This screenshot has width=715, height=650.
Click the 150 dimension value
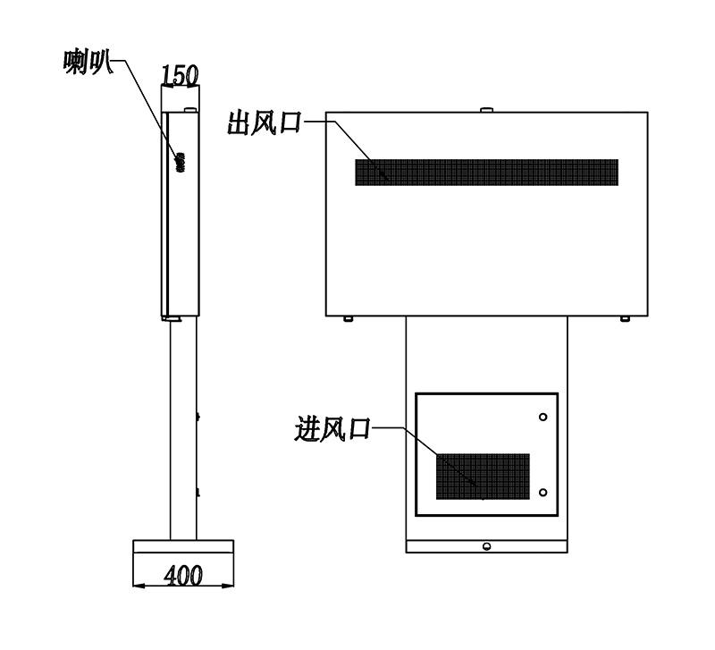click(181, 75)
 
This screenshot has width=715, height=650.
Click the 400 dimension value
click(183, 575)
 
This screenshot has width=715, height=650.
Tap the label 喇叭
click(88, 62)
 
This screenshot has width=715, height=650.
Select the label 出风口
click(265, 122)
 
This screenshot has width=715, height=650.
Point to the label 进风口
click(332, 429)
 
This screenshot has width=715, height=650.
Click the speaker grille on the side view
click(181, 163)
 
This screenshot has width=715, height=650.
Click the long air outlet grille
click(486, 172)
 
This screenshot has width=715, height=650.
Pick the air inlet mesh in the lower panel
click(483, 477)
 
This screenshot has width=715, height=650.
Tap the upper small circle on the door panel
click(543, 417)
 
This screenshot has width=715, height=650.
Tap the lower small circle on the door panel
click(543, 492)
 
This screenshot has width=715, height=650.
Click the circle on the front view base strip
click(486, 546)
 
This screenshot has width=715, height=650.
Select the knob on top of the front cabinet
click(487, 109)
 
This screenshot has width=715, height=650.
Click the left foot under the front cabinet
click(348, 318)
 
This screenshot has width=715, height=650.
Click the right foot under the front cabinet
click(625, 318)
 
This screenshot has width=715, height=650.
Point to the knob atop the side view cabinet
click(190, 109)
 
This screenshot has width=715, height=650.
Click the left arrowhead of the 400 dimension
click(139, 586)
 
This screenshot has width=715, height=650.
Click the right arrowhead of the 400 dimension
click(228, 586)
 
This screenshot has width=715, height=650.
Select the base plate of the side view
click(183, 546)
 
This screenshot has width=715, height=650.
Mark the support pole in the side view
click(183, 429)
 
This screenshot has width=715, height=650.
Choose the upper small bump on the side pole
click(198, 416)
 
